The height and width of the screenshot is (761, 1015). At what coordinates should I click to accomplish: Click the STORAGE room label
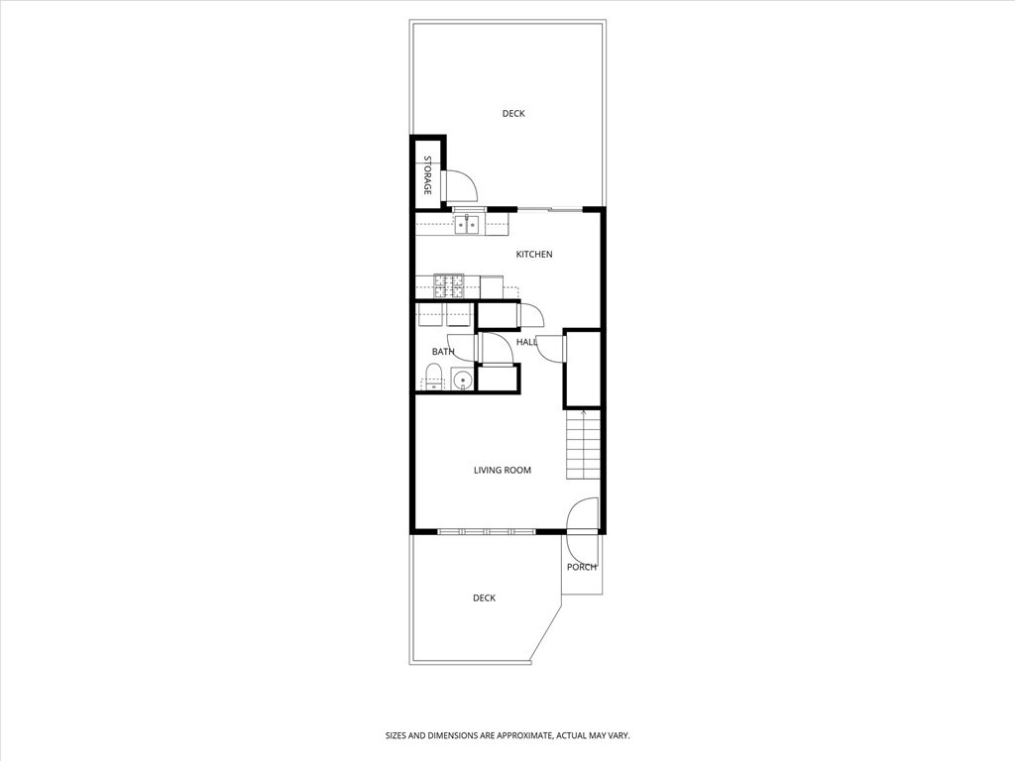click(x=428, y=174)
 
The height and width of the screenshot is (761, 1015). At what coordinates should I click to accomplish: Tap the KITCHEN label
click(x=534, y=255)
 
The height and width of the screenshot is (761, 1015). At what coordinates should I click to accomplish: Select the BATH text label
click(x=443, y=352)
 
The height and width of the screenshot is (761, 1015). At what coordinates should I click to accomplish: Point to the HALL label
click(x=526, y=342)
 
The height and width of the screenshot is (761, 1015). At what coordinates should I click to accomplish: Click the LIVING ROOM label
click(x=503, y=470)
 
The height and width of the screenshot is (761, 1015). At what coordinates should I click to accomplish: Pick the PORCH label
click(x=582, y=567)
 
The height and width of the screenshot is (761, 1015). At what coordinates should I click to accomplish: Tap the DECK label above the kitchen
click(x=513, y=114)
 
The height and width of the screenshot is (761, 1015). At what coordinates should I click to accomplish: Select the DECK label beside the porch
click(x=484, y=598)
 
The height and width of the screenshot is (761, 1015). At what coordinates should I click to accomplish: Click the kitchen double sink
click(x=468, y=226)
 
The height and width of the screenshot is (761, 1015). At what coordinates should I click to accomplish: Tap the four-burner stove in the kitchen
click(x=448, y=285)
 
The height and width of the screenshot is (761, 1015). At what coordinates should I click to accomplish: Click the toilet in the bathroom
click(x=432, y=377)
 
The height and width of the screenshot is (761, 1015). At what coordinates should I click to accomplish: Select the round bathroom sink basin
click(x=461, y=379)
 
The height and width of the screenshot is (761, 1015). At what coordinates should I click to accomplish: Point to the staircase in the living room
click(x=584, y=446)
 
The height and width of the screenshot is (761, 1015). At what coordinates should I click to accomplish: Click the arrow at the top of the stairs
click(x=584, y=412)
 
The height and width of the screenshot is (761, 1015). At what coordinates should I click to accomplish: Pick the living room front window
click(x=487, y=532)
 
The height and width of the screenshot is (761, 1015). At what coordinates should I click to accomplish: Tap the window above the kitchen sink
click(x=468, y=209)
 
